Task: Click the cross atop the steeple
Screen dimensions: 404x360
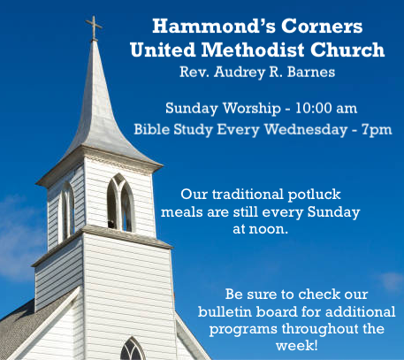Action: [x=94, y=28]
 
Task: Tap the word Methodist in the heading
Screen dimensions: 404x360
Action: [x=253, y=50]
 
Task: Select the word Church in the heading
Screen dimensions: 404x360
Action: [x=347, y=50]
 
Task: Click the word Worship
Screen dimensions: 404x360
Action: [x=252, y=109]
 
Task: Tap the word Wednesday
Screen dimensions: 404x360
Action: [x=306, y=130]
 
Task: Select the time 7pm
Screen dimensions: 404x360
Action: [x=377, y=130]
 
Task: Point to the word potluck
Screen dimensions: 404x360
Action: [x=314, y=195]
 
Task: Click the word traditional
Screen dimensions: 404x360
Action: [x=248, y=195]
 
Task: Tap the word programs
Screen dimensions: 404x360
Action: [x=243, y=329]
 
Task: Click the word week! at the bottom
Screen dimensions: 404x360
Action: [x=297, y=345]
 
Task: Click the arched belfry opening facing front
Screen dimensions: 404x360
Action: [x=120, y=203]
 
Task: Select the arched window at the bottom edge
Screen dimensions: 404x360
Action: [x=133, y=349]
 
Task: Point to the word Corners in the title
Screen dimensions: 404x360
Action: [x=322, y=26]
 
